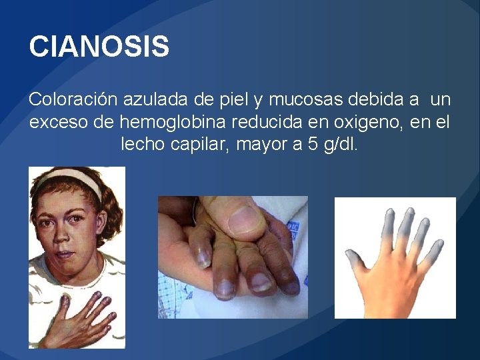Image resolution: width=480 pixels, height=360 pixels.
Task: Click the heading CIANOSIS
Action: pos(99,47)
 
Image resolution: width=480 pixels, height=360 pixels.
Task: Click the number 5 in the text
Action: pos(311,144)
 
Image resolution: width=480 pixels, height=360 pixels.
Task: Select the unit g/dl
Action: pos(340,144)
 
